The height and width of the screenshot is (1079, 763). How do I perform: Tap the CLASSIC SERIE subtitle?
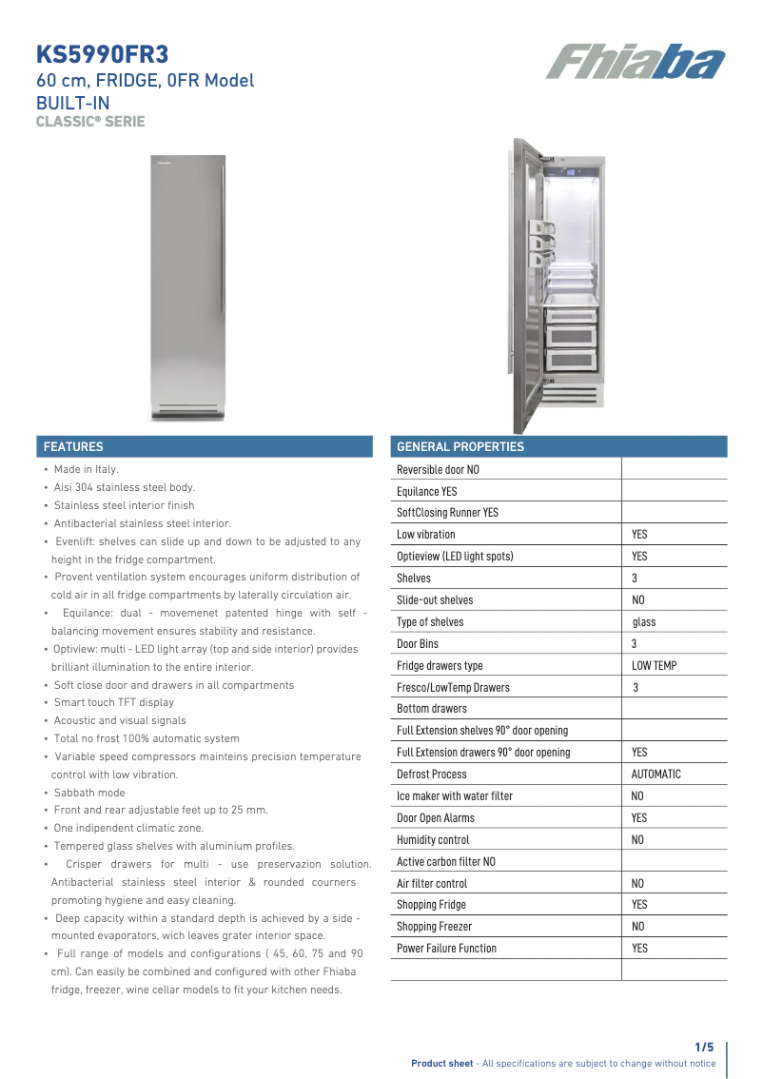click(90, 121)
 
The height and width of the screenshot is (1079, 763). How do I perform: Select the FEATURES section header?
click(74, 446)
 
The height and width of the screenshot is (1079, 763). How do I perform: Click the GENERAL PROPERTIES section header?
click(460, 446)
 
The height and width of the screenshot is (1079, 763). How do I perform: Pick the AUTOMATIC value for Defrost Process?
click(656, 775)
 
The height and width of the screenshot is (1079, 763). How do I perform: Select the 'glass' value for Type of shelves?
click(644, 622)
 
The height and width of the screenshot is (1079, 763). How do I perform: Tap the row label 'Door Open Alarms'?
click(435, 818)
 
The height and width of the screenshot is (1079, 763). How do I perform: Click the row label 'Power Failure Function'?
click(446, 949)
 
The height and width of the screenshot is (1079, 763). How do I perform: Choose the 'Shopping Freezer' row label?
click(434, 927)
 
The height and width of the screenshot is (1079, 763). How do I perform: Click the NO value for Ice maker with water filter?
click(637, 796)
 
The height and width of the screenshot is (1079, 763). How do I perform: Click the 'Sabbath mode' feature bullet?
click(89, 793)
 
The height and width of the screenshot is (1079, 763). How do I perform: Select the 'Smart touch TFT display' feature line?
click(114, 702)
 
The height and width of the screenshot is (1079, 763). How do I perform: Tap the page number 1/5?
click(704, 1047)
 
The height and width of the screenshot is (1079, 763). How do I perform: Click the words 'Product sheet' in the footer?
click(441, 1064)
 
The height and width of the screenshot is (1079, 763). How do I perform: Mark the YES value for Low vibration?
click(639, 535)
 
